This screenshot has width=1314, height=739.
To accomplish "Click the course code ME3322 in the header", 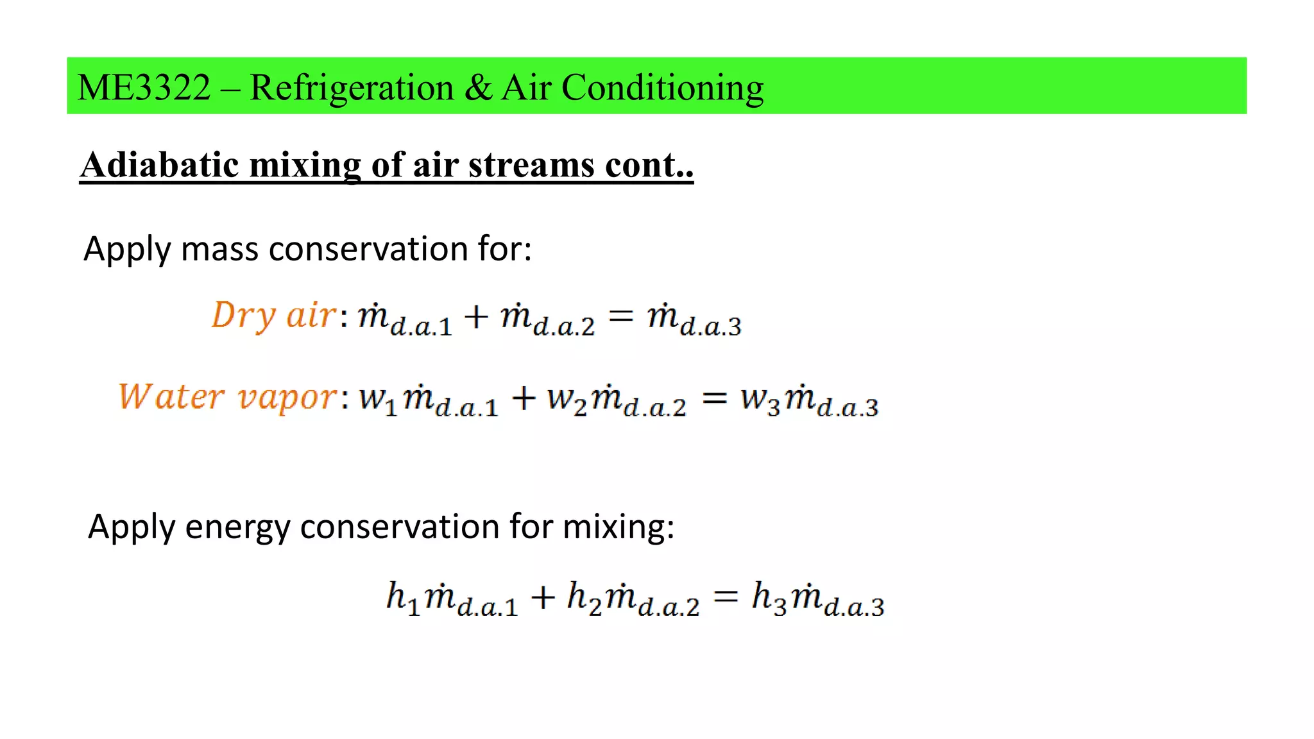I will pyautogui.click(x=144, y=87).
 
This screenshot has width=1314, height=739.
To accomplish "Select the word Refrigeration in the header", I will pyautogui.click(x=352, y=87).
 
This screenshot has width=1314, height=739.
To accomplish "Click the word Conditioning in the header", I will pyautogui.click(x=663, y=87).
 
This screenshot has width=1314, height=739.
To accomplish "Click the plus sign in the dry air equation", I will pyautogui.click(x=476, y=316).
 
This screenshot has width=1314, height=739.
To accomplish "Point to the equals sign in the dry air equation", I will pyautogui.click(x=620, y=315).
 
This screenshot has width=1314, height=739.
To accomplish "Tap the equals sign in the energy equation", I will pyautogui.click(x=726, y=597).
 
